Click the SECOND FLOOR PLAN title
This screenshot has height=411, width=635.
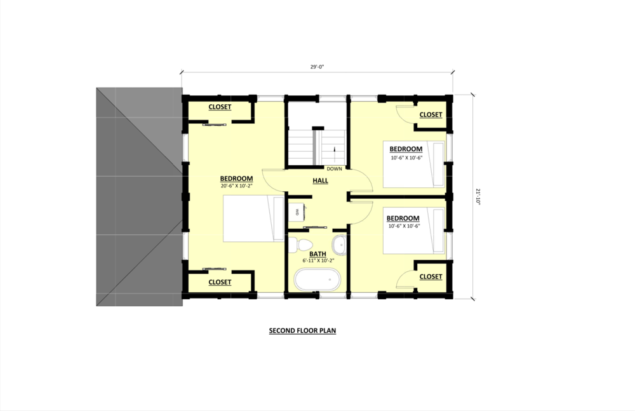tap(302, 331)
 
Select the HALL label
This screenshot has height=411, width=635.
tap(320, 181)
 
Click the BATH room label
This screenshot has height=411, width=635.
tap(317, 254)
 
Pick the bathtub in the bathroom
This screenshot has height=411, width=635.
tap(317, 280)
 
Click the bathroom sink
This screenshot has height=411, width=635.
tap(340, 243)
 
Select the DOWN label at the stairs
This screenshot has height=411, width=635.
tap(334, 169)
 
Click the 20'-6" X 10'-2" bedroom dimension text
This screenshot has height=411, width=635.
tap(236, 186)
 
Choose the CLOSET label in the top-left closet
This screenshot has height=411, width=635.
tap(220, 107)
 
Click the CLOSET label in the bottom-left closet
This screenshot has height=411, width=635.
tap(220, 282)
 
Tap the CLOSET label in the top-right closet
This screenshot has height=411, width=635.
tap(431, 115)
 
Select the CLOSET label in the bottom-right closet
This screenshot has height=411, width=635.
tap(431, 276)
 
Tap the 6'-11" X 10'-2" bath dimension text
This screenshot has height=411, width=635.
tap(317, 260)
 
